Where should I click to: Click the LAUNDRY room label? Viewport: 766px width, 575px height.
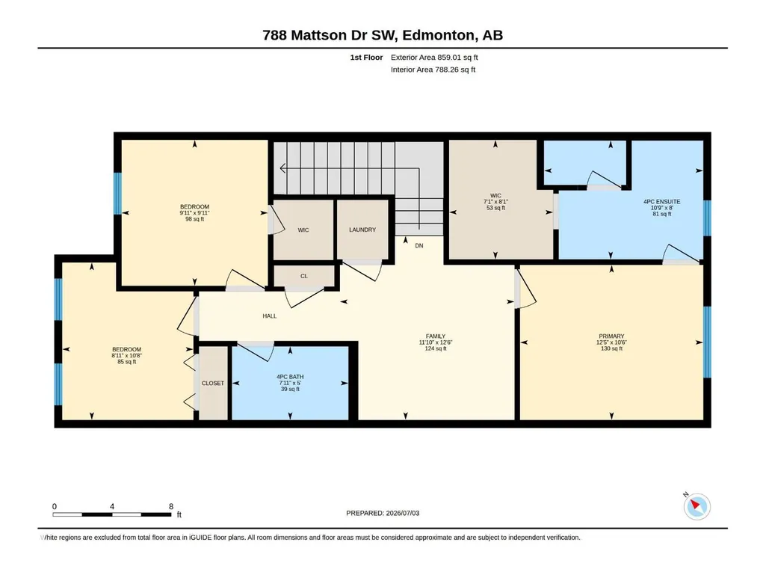(362, 230)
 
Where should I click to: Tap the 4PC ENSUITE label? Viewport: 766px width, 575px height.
(662, 201)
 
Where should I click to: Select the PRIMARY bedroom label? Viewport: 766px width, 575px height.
(611, 336)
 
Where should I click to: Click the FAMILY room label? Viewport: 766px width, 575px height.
(436, 336)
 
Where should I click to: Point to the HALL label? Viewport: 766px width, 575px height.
(270, 316)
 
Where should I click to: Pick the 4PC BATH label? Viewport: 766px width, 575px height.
(290, 377)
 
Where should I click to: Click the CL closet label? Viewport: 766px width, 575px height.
(304, 276)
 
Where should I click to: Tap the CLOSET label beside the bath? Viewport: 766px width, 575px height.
(213, 384)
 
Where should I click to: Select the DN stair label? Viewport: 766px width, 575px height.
(419, 246)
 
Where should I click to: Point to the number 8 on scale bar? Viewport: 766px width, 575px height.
(171, 506)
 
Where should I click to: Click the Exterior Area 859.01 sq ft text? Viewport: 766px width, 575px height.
(434, 58)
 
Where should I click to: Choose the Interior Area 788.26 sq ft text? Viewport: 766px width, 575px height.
(433, 70)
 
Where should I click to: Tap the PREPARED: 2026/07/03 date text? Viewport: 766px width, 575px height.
(383, 513)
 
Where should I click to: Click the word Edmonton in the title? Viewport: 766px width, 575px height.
(439, 35)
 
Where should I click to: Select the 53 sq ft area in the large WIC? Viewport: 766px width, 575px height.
(496, 208)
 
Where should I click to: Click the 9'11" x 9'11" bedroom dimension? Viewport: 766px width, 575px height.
(194, 213)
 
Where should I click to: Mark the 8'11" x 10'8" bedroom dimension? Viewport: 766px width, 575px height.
(126, 356)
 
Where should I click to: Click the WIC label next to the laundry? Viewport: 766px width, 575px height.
(303, 230)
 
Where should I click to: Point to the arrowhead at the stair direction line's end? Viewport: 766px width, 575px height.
(282, 169)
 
